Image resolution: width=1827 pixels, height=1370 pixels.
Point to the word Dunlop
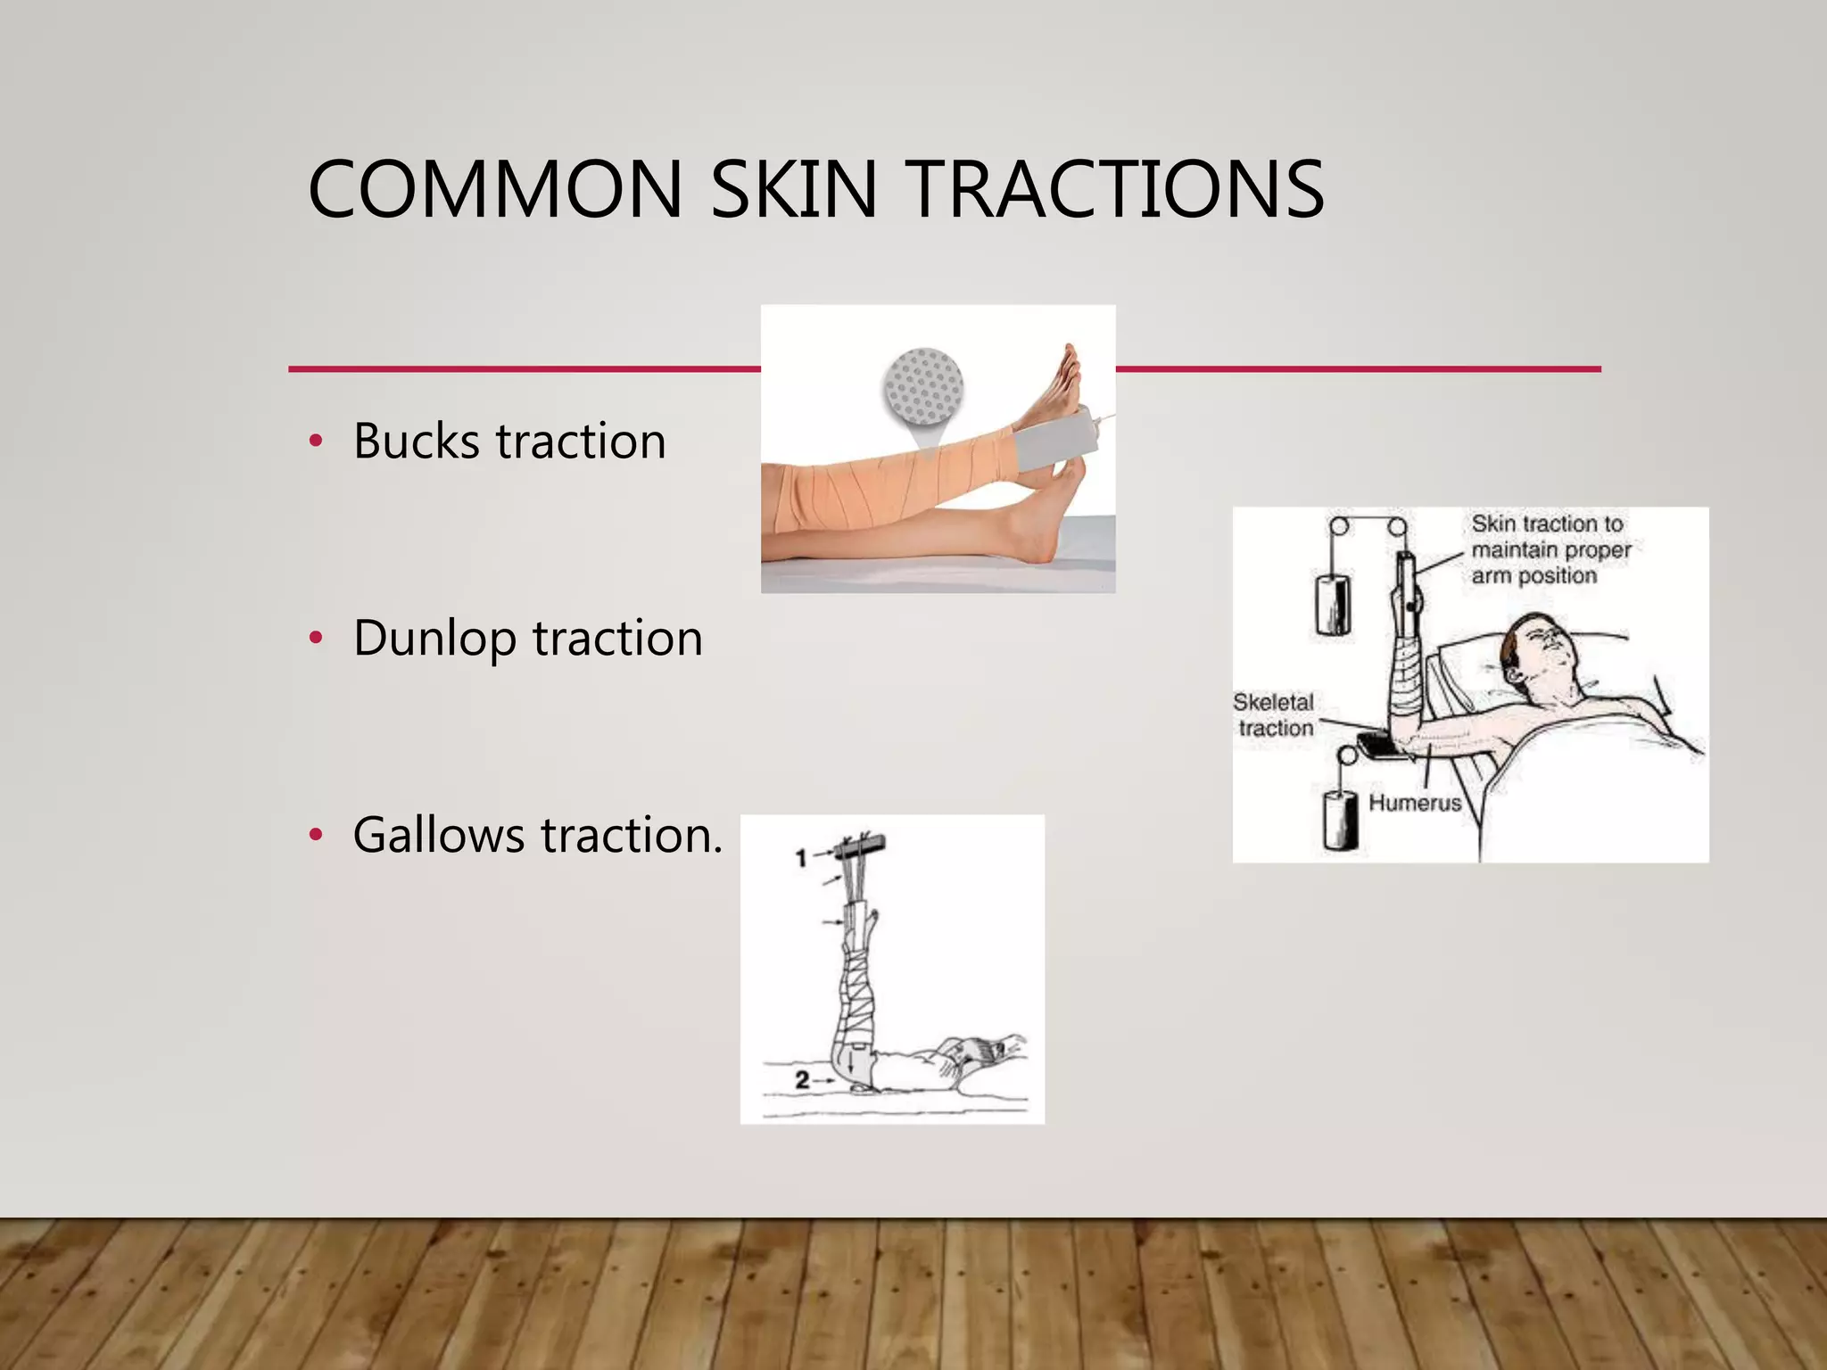tap(434, 639)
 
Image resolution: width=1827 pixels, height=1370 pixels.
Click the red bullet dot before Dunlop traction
tap(315, 638)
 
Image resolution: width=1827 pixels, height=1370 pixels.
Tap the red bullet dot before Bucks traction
tap(315, 441)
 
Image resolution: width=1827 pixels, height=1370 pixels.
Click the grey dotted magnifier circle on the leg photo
tap(923, 386)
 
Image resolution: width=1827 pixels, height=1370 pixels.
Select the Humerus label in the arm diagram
tap(1415, 803)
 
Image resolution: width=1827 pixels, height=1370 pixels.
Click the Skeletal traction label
tap(1275, 715)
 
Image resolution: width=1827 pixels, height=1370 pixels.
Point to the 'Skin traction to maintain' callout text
tap(1550, 549)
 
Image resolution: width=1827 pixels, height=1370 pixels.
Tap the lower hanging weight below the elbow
tap(1340, 820)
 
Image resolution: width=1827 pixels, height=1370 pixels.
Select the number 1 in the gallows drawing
tap(801, 858)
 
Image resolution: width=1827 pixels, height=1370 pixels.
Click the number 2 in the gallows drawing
tap(802, 1080)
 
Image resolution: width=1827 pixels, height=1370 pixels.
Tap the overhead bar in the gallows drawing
tap(862, 843)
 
